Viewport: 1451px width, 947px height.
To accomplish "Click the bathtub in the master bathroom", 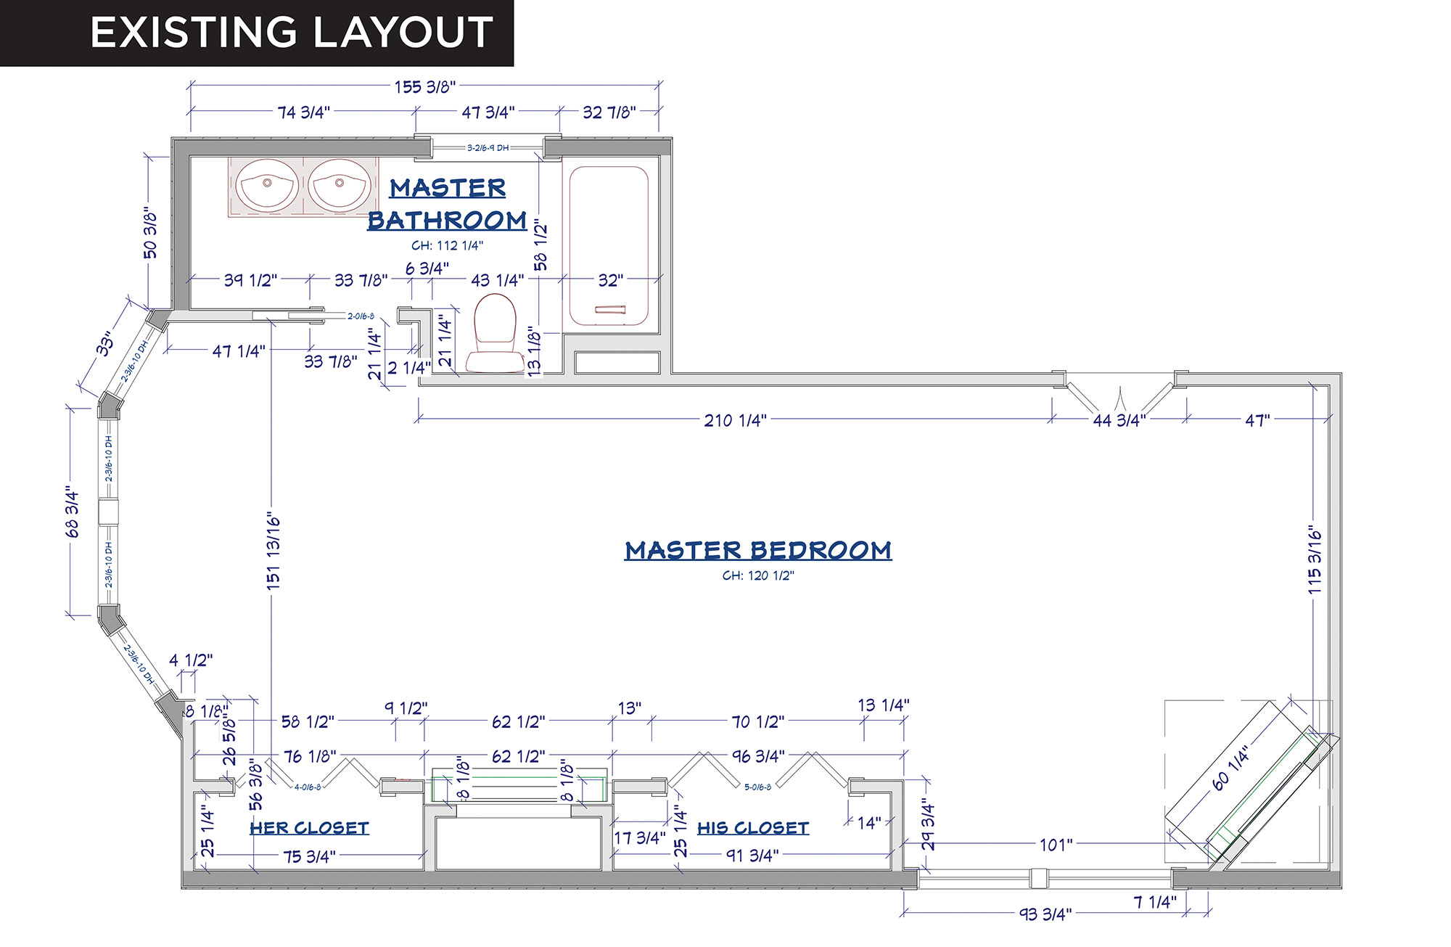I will click(x=609, y=245).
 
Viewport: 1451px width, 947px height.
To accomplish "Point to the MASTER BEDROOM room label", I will click(x=758, y=550).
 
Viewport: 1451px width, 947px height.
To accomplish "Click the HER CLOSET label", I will click(x=310, y=828).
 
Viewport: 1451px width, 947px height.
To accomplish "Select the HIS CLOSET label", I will click(x=753, y=828).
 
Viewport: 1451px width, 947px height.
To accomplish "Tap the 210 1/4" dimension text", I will click(x=735, y=420).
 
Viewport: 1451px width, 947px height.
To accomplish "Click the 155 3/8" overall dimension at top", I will click(x=424, y=87).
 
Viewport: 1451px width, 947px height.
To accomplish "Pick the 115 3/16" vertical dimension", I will click(x=1315, y=561).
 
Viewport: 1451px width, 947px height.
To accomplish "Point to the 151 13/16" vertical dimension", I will click(x=274, y=552).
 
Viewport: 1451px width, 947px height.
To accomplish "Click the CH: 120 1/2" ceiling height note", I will click(x=758, y=575).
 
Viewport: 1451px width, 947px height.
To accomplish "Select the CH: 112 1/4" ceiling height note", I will click(x=447, y=245).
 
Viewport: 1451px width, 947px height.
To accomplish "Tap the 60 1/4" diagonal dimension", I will click(x=1231, y=768).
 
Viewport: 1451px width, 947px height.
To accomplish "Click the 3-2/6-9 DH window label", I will click(x=488, y=148).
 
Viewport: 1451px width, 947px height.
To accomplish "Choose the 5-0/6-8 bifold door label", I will click(x=757, y=787).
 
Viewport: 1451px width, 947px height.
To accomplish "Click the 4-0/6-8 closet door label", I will click(x=308, y=787).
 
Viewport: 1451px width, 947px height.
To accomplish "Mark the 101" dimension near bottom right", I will click(x=1056, y=845).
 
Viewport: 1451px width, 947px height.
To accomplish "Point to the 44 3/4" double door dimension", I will click(x=1119, y=420).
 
